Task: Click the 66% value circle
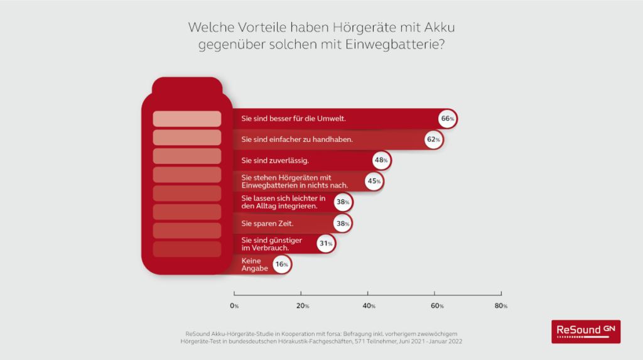pyautogui.click(x=447, y=119)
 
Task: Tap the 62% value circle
pyautogui.click(x=433, y=139)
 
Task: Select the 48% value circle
pyautogui.click(x=381, y=160)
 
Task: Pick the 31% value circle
pyautogui.click(x=325, y=244)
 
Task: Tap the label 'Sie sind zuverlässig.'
pyautogui.click(x=275, y=160)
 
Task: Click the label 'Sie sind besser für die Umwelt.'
pyautogui.click(x=294, y=119)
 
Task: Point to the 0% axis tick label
pyautogui.click(x=234, y=305)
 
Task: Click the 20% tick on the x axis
pyautogui.click(x=302, y=305)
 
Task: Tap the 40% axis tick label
pyautogui.click(x=369, y=305)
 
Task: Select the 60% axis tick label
pyautogui.click(x=435, y=305)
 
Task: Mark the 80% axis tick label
pyautogui.click(x=502, y=305)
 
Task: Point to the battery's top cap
pyautogui.click(x=187, y=85)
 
